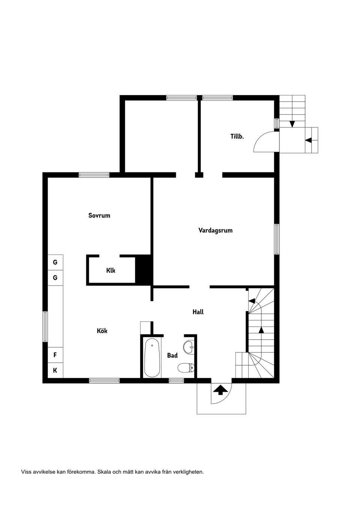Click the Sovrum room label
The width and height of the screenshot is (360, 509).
pyautogui.click(x=99, y=216)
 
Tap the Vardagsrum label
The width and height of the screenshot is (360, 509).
pyautogui.click(x=216, y=231)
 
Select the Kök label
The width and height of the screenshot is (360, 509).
pyautogui.click(x=102, y=331)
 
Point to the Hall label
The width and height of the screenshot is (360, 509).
pyautogui.click(x=198, y=312)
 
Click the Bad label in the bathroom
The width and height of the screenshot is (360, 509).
pyautogui.click(x=172, y=355)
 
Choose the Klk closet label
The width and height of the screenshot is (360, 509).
pyautogui.click(x=111, y=270)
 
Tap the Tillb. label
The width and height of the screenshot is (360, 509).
pyautogui.click(x=237, y=136)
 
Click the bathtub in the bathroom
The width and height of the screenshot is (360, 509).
pyautogui.click(x=152, y=358)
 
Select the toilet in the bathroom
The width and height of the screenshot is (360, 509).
pyautogui.click(x=186, y=368)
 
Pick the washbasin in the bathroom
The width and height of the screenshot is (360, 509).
pyautogui.click(x=189, y=347)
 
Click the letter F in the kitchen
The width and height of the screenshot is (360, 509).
pyautogui.click(x=55, y=355)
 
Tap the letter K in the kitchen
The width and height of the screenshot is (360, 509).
pyautogui.click(x=55, y=370)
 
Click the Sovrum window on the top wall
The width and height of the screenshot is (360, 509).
pyautogui.click(x=94, y=175)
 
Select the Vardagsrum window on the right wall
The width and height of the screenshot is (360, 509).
pyautogui.click(x=277, y=239)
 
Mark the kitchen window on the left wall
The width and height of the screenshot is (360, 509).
pyautogui.click(x=45, y=326)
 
